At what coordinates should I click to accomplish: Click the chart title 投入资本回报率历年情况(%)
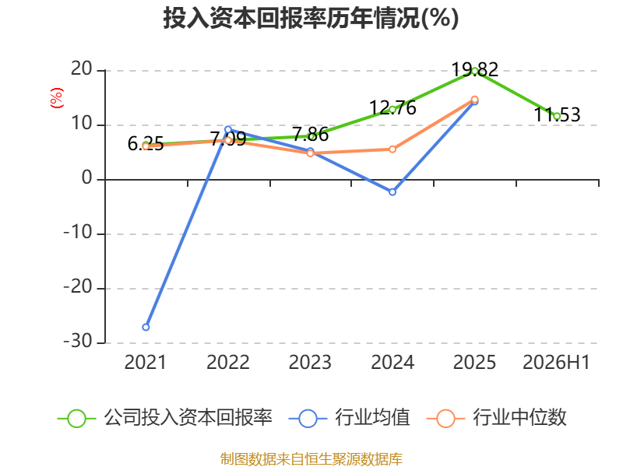(x=311, y=18)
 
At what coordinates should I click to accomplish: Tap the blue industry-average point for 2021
(x=146, y=327)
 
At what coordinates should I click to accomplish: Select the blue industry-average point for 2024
(x=392, y=191)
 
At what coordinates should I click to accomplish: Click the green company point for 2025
(x=474, y=71)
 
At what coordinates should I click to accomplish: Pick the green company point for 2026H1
(x=557, y=116)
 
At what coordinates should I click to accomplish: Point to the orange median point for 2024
(x=392, y=149)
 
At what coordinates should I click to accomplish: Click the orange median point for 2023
(x=310, y=153)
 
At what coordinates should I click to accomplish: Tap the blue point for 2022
(x=228, y=129)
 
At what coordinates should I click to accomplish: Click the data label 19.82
(x=475, y=70)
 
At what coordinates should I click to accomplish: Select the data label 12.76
(x=392, y=107)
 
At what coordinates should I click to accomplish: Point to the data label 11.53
(x=557, y=114)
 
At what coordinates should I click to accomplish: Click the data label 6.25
(x=146, y=143)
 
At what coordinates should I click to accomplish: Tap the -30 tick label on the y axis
(x=79, y=341)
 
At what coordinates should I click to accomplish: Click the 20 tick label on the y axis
(x=82, y=69)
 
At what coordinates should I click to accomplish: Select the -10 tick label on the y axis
(x=79, y=232)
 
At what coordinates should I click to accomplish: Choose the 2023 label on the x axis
(x=310, y=362)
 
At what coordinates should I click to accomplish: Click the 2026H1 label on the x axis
(x=556, y=362)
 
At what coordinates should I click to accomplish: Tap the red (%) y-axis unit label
(x=57, y=98)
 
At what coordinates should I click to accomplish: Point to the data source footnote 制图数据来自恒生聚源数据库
(x=311, y=459)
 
